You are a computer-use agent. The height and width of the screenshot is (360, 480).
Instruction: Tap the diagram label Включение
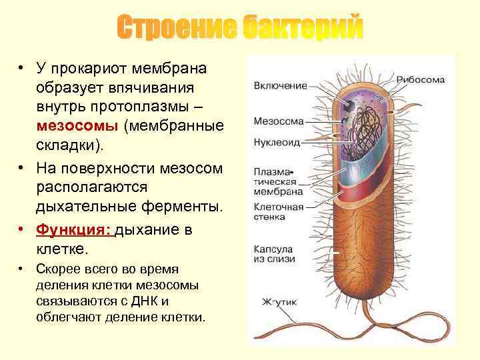coord(279,85)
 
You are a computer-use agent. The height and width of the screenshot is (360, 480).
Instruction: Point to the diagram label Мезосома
coord(278,121)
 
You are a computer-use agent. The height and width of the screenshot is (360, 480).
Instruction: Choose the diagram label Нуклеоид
coord(277,142)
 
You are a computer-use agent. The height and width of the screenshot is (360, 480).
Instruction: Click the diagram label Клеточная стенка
coord(278,212)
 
